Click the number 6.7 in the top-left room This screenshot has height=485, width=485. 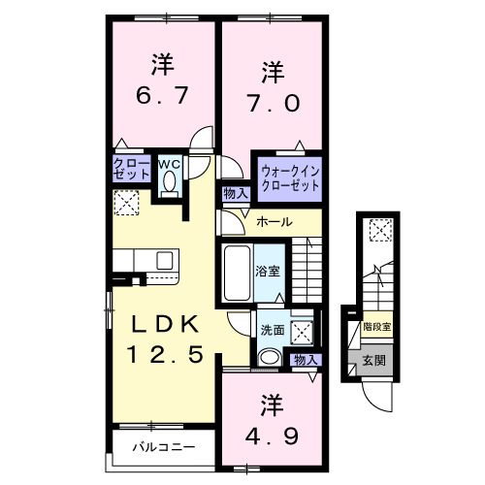161,97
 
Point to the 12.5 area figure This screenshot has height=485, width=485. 164,355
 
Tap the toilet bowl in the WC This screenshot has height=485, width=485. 171,182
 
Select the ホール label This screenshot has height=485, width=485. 275,223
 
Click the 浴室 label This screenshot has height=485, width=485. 268,271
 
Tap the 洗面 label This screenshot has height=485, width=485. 272,330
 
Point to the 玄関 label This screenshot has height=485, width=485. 373,360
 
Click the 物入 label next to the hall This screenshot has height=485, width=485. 236,193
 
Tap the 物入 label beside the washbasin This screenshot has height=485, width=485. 306,360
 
